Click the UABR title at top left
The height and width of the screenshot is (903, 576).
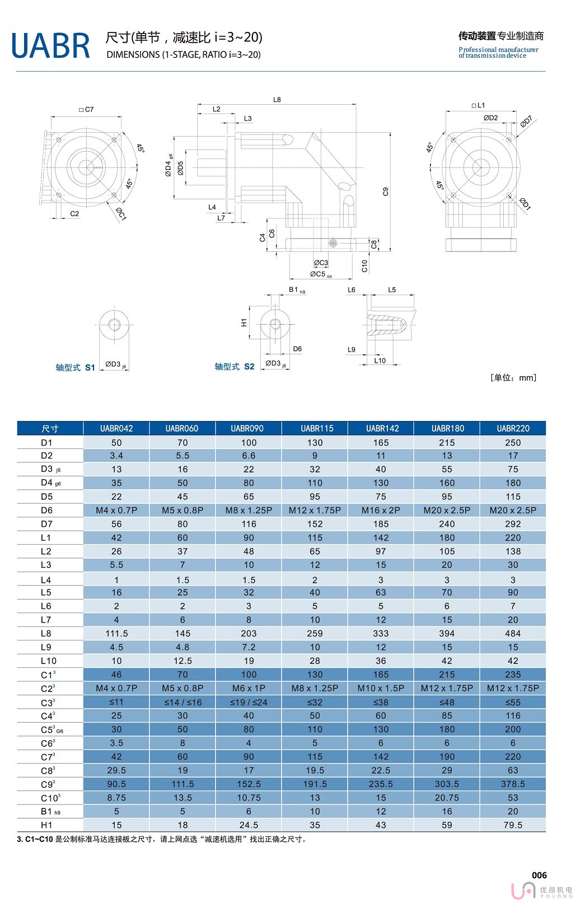50,46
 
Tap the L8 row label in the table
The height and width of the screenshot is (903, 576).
46,633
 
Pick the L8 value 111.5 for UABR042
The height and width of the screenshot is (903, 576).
116,633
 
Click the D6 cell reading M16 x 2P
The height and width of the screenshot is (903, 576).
381,510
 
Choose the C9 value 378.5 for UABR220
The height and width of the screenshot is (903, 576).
513,784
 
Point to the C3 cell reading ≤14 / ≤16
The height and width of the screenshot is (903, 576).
182,702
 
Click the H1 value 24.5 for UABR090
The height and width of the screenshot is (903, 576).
249,825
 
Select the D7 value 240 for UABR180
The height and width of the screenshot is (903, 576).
447,524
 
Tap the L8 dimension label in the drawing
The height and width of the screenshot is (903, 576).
277,100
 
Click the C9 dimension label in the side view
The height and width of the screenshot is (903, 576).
386,191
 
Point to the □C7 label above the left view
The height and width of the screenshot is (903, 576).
87,110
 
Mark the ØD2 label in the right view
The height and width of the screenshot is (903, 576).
490,118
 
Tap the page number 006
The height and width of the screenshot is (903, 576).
539,875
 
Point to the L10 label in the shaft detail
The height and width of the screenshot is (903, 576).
380,361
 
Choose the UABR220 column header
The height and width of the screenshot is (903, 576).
513,428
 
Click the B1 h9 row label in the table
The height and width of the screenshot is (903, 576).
50,811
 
